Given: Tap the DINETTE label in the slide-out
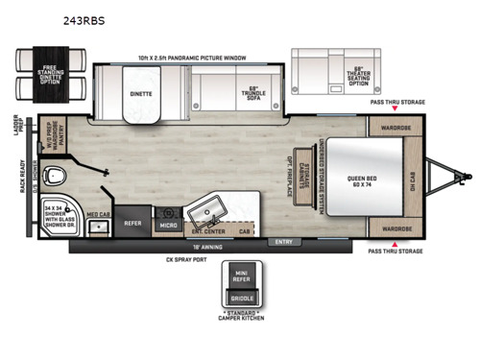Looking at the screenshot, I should pos(142,95).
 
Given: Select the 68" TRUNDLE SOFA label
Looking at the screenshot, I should pos(252,92).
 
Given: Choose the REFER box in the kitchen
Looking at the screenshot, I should pos(132,223).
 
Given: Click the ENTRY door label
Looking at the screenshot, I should pos(284,242).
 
